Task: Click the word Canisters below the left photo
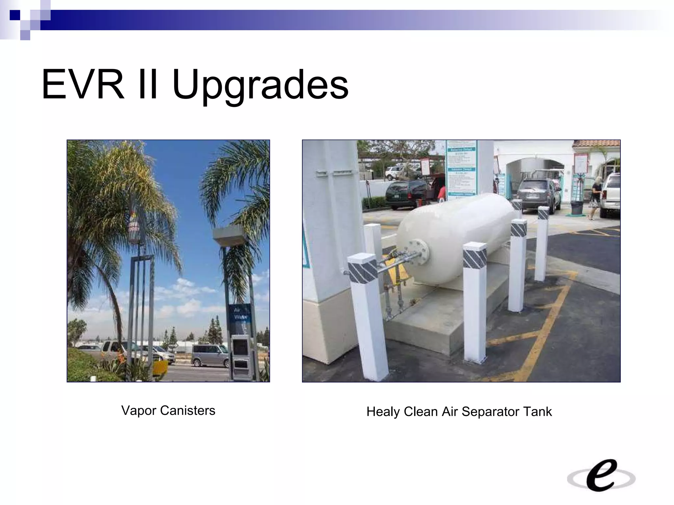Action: pos(188,410)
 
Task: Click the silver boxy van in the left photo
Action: pos(210,355)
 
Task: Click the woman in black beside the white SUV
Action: pos(595,197)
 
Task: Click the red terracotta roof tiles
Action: pos(596,143)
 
